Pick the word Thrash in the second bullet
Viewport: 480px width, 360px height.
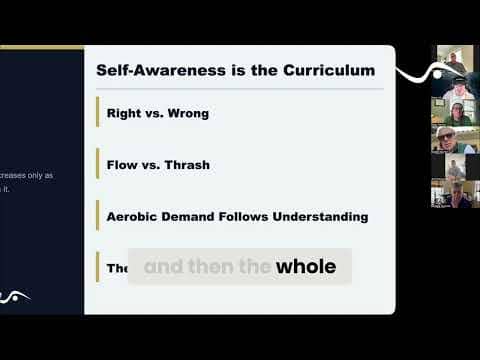[x=187, y=165]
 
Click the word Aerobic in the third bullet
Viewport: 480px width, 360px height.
[x=136, y=216]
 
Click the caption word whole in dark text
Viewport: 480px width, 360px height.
[x=306, y=267]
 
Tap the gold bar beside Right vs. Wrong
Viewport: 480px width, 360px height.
[x=97, y=113]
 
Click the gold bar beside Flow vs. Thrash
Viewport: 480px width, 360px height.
[x=97, y=164]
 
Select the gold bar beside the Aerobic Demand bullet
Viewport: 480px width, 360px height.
[x=97, y=216]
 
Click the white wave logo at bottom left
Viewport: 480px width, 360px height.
[x=14, y=296]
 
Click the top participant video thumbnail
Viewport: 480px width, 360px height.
[x=454, y=59]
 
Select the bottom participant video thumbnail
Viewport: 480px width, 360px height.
[x=453, y=193]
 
